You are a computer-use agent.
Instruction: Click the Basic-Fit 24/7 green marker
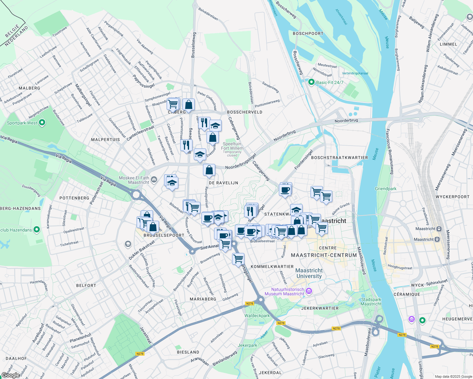pos(311,82)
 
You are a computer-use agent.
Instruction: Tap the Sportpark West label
pos(22,123)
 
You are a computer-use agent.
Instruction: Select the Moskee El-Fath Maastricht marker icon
pos(154,180)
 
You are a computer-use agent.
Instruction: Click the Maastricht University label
pos(309,273)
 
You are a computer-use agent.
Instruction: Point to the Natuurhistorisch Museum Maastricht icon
pos(309,291)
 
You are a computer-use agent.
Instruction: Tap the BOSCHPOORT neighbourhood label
pos(308,33)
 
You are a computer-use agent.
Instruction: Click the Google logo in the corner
pos(10,375)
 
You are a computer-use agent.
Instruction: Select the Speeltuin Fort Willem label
pos(232,146)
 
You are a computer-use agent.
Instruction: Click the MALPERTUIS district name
pos(105,139)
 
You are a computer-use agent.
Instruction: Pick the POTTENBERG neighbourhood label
pos(74,198)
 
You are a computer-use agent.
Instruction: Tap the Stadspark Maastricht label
pos(371,302)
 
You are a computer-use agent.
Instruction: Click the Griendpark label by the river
pos(385,189)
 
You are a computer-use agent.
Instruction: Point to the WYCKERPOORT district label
pos(452,197)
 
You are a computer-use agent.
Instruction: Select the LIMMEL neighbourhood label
pos(448,44)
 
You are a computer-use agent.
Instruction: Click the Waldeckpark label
pos(257,316)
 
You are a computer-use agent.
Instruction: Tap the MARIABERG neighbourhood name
pos(203,299)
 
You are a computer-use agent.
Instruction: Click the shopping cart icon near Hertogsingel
pos(238,259)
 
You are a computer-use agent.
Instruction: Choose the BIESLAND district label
pos(188,352)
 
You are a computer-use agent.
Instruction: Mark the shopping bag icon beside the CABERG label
pos(188,105)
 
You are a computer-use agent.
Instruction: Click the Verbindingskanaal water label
pos(355,73)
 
